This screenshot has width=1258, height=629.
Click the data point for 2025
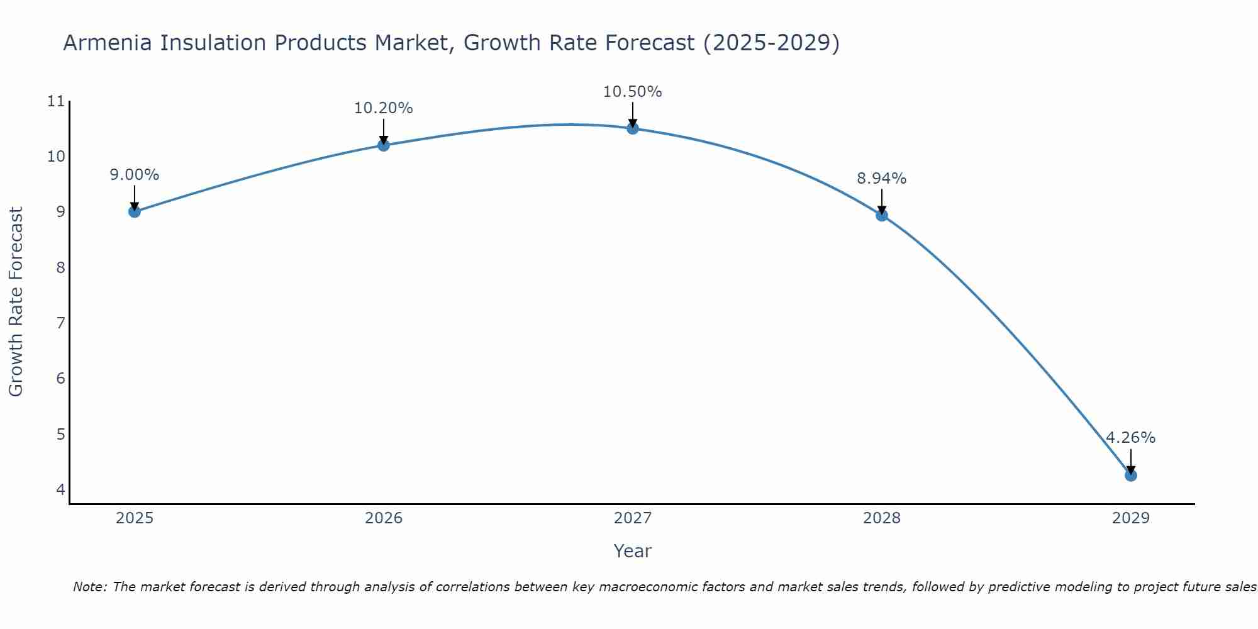click(134, 211)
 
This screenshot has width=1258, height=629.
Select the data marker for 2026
click(384, 145)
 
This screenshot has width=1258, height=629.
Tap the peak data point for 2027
click(633, 128)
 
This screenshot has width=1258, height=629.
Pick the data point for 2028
click(882, 215)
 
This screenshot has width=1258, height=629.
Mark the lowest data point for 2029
click(1131, 475)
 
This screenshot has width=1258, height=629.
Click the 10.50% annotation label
click(632, 92)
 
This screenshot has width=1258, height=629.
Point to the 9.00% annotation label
click(134, 175)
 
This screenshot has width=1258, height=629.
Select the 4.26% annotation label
click(1130, 438)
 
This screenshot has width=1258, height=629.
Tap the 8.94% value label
click(881, 179)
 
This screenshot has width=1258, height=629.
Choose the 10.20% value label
click(383, 108)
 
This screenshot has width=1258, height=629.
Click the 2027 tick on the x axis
click(633, 518)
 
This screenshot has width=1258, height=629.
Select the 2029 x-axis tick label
click(1131, 518)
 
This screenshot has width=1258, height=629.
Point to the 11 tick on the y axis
click(57, 101)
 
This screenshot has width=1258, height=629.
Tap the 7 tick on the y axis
click(60, 323)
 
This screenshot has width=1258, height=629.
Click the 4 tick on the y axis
click(60, 489)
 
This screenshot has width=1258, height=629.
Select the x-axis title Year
click(632, 551)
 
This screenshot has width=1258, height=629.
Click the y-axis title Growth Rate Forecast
click(16, 302)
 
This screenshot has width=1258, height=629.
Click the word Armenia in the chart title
click(107, 43)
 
